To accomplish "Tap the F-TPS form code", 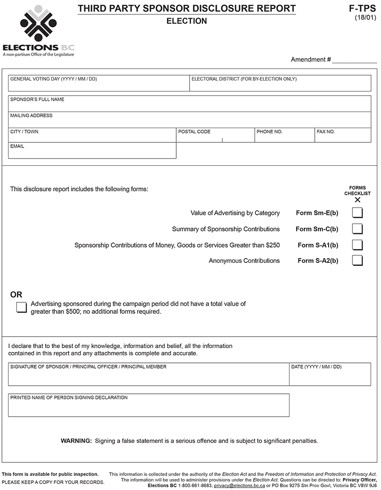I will coord(362,9).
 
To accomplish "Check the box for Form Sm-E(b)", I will coord(357,213).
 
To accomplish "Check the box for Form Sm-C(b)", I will coord(357,229).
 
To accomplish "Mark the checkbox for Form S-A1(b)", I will coord(357,245).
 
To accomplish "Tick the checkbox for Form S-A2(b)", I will coord(357,260).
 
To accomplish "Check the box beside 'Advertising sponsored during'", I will coord(21,307).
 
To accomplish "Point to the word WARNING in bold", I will coord(76,441).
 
